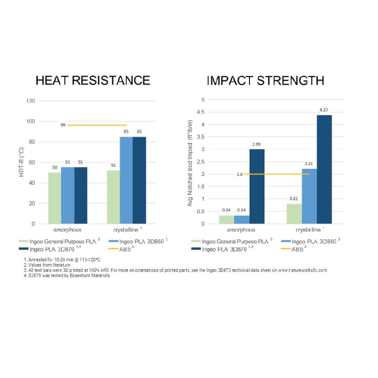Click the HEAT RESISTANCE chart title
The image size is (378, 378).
tap(93, 81)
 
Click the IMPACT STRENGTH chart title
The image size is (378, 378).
tap(265, 81)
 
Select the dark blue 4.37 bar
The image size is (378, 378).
tap(325, 169)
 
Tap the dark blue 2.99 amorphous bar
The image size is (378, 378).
tap(257, 186)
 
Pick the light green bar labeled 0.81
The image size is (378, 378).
tap(294, 214)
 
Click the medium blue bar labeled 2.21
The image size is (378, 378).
tap(309, 196)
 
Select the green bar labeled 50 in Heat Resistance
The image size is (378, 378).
tap(54, 198)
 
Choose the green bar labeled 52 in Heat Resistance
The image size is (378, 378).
tap(113, 197)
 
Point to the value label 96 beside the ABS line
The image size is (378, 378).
tap(63, 125)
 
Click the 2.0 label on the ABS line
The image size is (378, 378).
tap(239, 174)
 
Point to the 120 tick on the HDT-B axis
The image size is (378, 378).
tap(30, 101)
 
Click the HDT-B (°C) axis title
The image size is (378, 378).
tap(21, 163)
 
